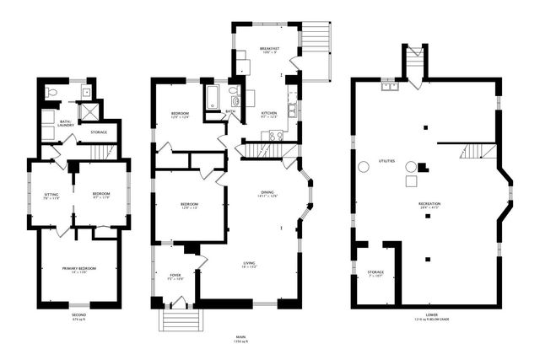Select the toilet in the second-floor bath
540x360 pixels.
pyautogui.click(x=51, y=93)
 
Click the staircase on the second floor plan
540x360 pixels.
pyautogui.click(x=100, y=152)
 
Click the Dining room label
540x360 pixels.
pyautogui.click(x=268, y=195)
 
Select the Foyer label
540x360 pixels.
pyautogui.click(x=175, y=277)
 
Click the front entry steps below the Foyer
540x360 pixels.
pyautogui.click(x=180, y=321)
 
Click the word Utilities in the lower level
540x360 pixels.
pyautogui.click(x=386, y=160)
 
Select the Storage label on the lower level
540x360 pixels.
pyautogui.click(x=375, y=273)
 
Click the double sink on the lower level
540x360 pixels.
pyautogui.click(x=390, y=85)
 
